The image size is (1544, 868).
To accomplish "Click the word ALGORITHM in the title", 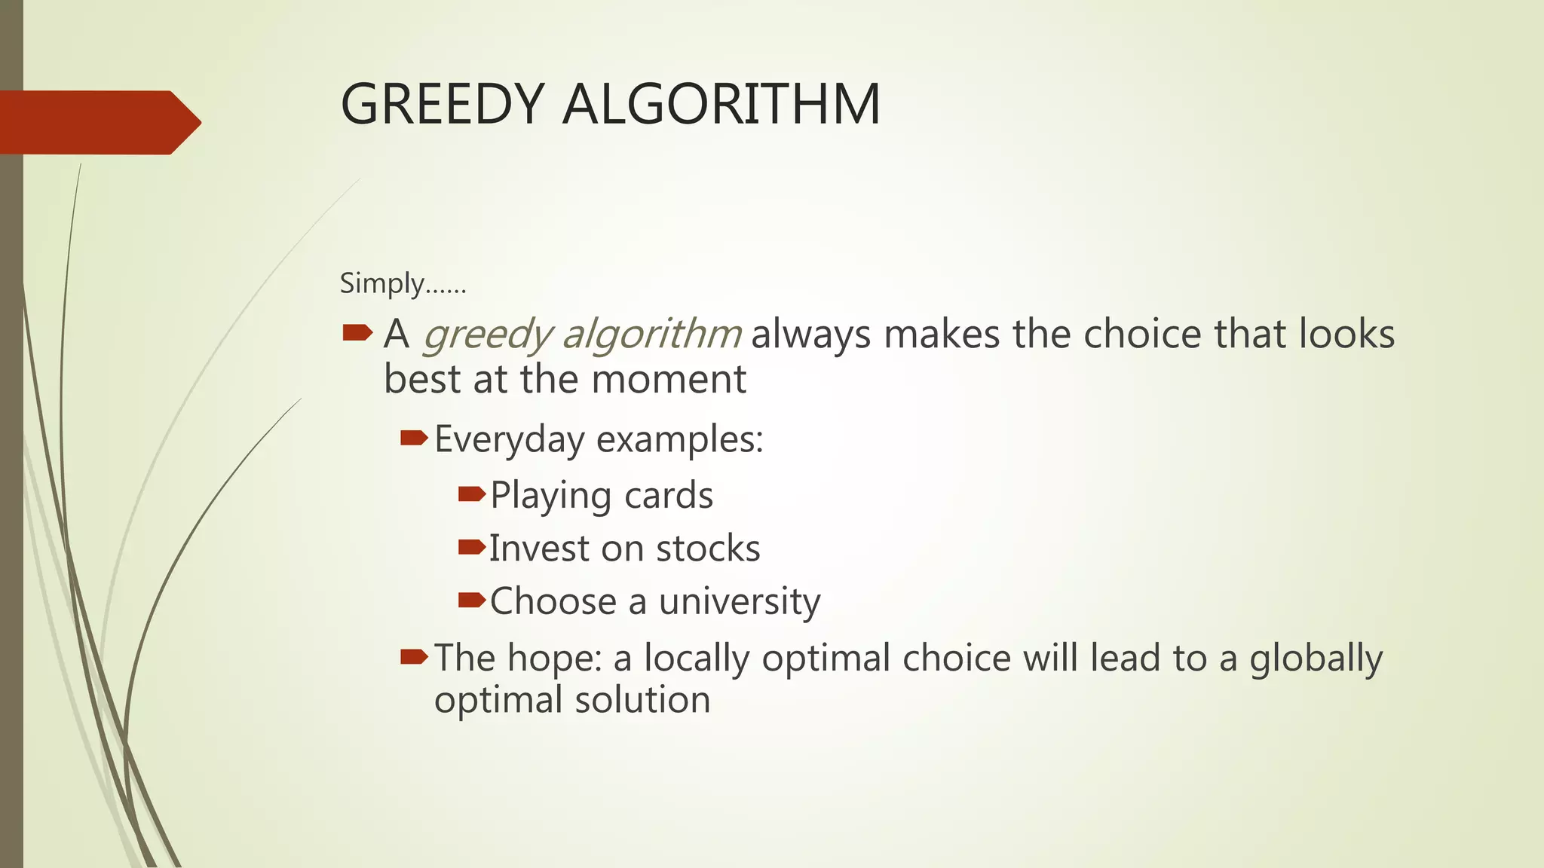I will click(721, 104).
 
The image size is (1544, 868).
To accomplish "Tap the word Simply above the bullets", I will click(382, 284).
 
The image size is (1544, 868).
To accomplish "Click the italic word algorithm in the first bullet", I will click(652, 334).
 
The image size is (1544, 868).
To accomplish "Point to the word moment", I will click(669, 379).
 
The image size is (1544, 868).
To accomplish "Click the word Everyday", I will click(510, 439).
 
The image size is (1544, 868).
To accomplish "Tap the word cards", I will click(669, 496).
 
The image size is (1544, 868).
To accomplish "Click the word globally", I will click(1316, 658).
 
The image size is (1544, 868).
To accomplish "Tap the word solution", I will click(642, 699).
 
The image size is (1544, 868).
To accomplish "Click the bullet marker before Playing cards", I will click(472, 494).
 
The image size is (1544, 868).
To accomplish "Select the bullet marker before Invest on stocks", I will click(472, 547).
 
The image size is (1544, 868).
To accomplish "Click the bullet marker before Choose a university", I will click(472, 600).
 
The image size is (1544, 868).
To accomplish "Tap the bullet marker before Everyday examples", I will click(414, 438).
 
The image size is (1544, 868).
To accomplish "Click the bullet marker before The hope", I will click(414, 656).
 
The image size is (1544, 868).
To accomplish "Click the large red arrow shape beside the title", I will click(98, 122).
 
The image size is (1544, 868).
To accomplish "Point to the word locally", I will click(696, 658).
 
